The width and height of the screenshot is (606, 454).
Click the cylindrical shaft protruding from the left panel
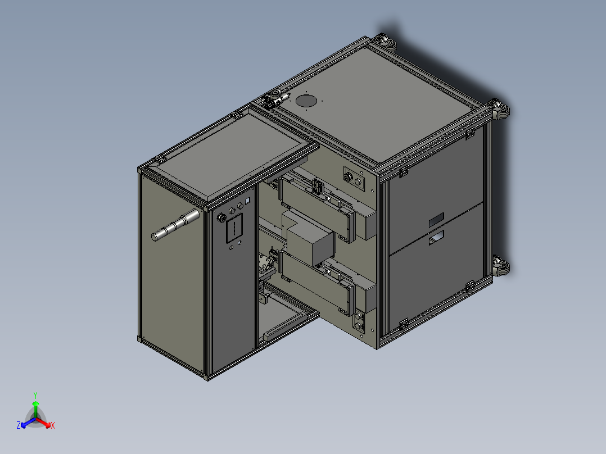[x=175, y=224]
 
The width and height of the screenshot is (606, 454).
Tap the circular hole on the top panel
[x=306, y=101]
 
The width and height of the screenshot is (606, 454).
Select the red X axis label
[x=53, y=426]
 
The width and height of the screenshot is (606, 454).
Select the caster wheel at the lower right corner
[x=500, y=266]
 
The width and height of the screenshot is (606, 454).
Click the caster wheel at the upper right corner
[x=500, y=109]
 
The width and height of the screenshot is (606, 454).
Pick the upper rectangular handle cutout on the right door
[x=436, y=219]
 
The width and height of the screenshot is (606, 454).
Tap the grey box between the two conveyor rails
[x=310, y=244]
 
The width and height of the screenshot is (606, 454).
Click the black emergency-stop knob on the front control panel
[x=220, y=217]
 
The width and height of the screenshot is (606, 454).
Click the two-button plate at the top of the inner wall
[x=353, y=178]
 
